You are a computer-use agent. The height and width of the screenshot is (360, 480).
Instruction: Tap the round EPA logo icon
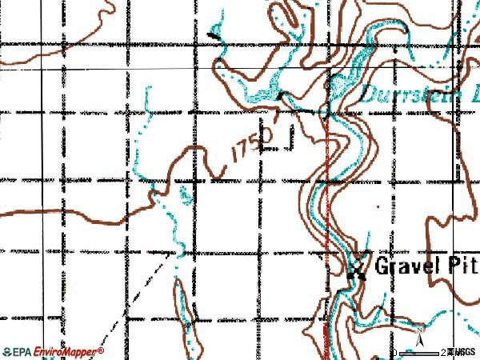(x=7, y=351)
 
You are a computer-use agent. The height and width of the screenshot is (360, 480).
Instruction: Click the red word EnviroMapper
(x=65, y=351)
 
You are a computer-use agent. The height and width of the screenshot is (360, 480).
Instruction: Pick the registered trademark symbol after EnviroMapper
(x=100, y=349)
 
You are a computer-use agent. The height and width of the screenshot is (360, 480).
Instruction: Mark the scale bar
(x=420, y=352)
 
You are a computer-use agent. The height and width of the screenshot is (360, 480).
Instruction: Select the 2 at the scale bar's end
(x=443, y=352)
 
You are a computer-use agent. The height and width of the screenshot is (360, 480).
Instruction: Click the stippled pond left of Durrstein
(x=342, y=82)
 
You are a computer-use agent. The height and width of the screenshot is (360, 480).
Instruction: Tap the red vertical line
(x=328, y=240)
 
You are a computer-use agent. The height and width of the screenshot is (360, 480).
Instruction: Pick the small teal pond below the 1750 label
(x=186, y=194)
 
